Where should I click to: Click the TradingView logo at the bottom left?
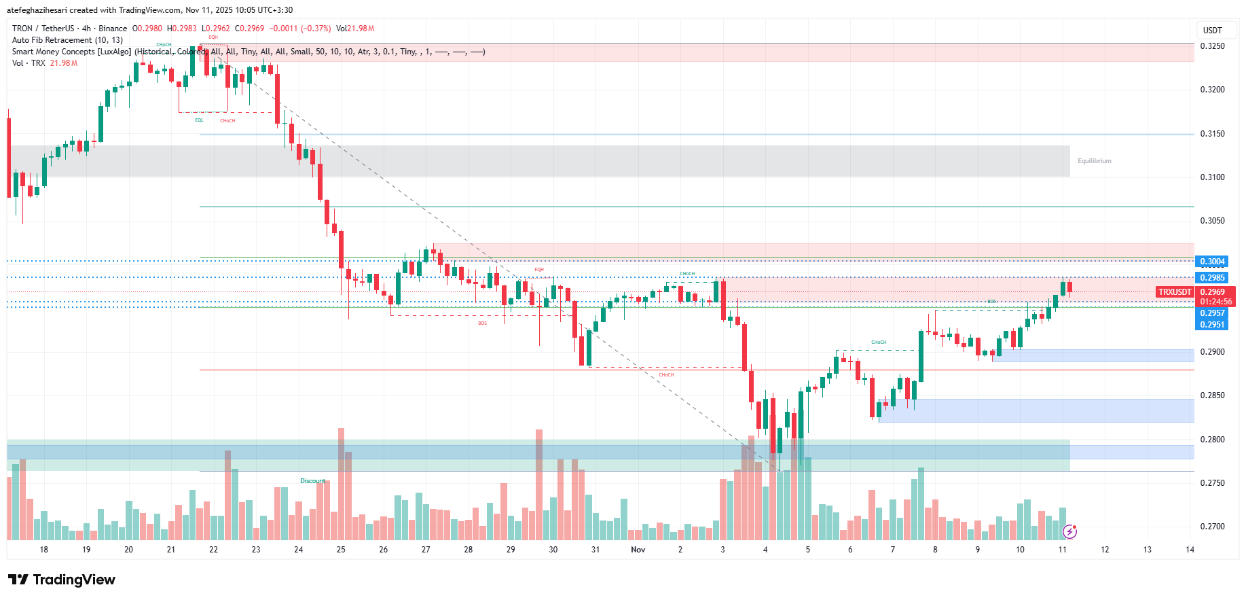pyautogui.click(x=62, y=580)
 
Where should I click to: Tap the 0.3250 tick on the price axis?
pyautogui.click(x=1212, y=46)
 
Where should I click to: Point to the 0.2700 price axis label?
pyautogui.click(x=1212, y=527)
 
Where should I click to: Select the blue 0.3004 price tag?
pyautogui.click(x=1212, y=262)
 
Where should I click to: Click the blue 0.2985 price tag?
pyautogui.click(x=1212, y=278)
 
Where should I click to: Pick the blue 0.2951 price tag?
pyautogui.click(x=1212, y=325)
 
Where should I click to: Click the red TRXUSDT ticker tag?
pyautogui.click(x=1175, y=292)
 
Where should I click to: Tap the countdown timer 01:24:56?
pyautogui.click(x=1215, y=302)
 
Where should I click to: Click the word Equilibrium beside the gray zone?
pyautogui.click(x=1094, y=161)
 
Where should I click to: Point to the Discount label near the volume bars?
pyautogui.click(x=313, y=481)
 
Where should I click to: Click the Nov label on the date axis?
pyautogui.click(x=638, y=550)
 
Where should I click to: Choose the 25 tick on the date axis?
pyautogui.click(x=341, y=550)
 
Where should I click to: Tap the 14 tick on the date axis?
pyautogui.click(x=1190, y=550)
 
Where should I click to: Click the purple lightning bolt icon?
pyautogui.click(x=1069, y=531)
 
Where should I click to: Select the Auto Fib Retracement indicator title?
pyautogui.click(x=67, y=40)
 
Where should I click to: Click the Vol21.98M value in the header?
pyautogui.click(x=355, y=29)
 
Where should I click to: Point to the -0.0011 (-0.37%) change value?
pyautogui.click(x=300, y=29)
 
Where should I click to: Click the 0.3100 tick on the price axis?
pyautogui.click(x=1212, y=177)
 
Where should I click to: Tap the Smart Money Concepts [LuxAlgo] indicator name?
pyautogui.click(x=71, y=52)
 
